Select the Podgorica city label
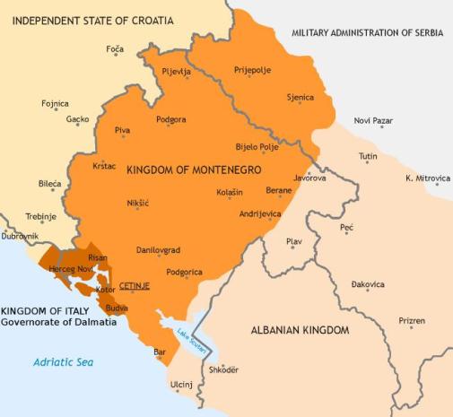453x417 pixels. point(184,272)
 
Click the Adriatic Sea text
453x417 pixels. point(63,362)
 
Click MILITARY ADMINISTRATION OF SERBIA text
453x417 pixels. point(370,32)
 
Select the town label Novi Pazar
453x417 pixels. point(373,119)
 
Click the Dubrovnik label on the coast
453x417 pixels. point(21,236)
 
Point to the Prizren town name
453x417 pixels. point(412,320)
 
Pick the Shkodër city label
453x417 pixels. point(223,369)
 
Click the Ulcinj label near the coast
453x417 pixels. point(181,385)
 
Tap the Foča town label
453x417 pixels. point(114,49)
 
